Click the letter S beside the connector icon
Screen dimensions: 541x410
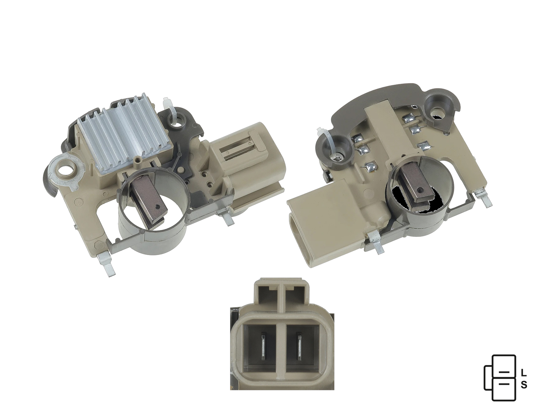pyautogui.click(x=524, y=385)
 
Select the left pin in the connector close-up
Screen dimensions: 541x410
pyautogui.click(x=264, y=346)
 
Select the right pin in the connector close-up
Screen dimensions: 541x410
pyautogui.click(x=299, y=346)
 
